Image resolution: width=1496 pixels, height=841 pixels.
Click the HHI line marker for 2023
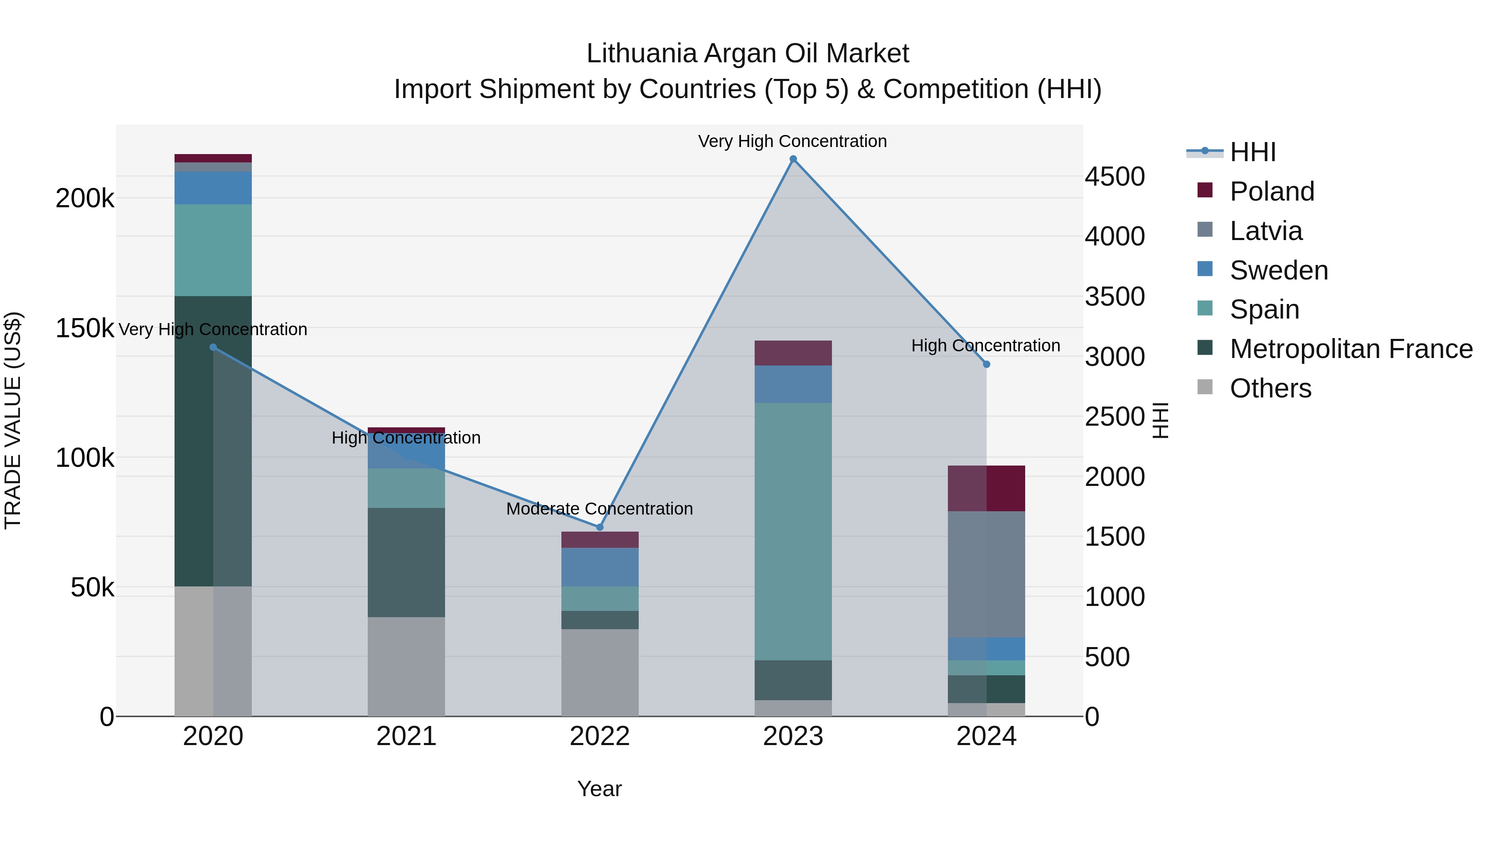[x=793, y=159]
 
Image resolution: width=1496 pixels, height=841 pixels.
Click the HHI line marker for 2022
[x=600, y=527]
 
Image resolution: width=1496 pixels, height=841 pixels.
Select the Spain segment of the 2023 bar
[x=793, y=531]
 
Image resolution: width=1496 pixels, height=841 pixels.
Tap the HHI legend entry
[x=1252, y=152]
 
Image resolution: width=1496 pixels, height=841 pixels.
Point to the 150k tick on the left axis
[x=85, y=329]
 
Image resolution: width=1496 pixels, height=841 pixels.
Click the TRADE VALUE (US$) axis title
[x=13, y=420]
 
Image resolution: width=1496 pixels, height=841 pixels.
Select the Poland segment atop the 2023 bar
[x=793, y=353]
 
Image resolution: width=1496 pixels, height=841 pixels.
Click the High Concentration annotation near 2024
[x=986, y=346]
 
